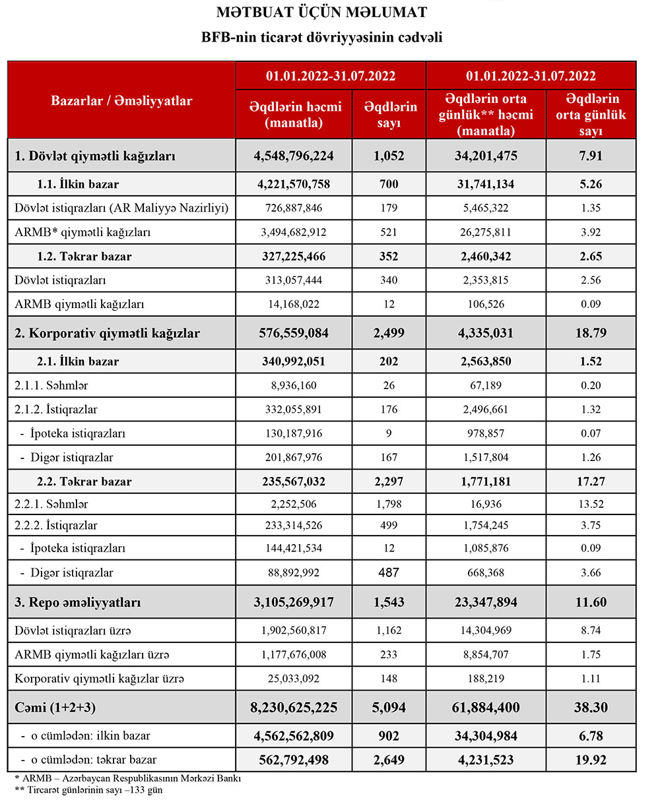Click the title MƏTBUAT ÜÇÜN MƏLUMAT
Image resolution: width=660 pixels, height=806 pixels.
(x=321, y=12)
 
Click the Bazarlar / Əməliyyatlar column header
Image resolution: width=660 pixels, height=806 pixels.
(x=121, y=101)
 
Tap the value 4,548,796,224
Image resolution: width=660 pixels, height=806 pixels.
(x=294, y=157)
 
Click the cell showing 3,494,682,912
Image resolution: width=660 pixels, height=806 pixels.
(x=294, y=232)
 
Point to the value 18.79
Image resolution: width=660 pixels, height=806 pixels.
(x=591, y=333)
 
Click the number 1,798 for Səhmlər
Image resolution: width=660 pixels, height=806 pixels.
(x=389, y=505)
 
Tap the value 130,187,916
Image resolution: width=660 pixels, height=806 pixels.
(x=294, y=433)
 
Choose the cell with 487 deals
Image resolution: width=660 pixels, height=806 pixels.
(x=389, y=573)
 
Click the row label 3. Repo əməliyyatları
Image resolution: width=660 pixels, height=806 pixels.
(x=77, y=602)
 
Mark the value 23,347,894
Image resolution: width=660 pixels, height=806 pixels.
(x=486, y=602)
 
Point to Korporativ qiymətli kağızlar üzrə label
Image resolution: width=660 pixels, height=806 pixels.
(x=99, y=678)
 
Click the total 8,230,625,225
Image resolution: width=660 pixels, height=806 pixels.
(x=294, y=708)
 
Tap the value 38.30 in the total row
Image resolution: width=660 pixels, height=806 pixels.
(x=591, y=708)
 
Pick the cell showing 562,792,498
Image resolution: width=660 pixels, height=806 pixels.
(x=294, y=759)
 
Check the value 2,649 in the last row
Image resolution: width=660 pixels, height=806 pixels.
(x=389, y=759)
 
